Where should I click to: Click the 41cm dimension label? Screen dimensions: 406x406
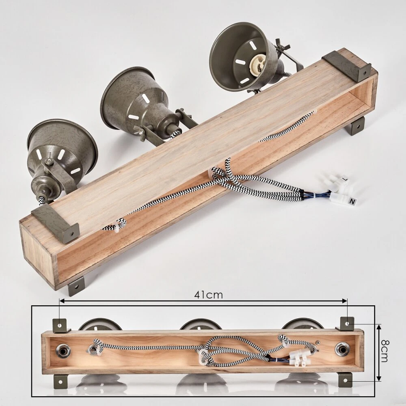(208, 295)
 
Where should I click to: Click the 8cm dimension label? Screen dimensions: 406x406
(384, 351)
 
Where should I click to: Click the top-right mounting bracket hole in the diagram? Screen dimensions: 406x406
(347, 323)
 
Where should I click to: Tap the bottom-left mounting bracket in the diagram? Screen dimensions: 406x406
(60, 380)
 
